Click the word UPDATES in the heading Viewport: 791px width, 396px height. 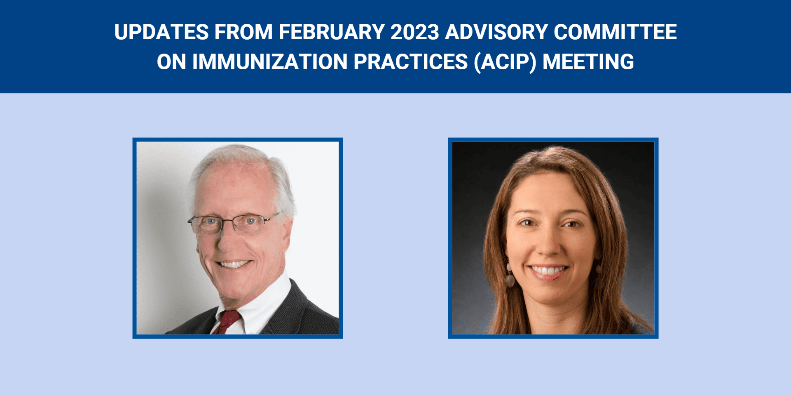click(x=161, y=32)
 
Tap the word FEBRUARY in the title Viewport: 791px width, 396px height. click(x=332, y=32)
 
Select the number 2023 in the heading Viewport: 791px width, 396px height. click(x=415, y=32)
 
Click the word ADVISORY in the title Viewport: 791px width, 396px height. click(x=496, y=32)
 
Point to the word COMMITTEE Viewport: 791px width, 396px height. click(x=615, y=32)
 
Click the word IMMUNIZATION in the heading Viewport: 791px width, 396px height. click(x=270, y=62)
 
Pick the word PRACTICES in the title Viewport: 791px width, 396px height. click(x=411, y=62)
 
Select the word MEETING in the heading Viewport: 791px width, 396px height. click(x=588, y=62)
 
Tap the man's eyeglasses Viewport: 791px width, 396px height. click(x=233, y=223)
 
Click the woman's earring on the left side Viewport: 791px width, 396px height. click(x=510, y=277)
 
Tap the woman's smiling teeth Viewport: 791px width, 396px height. click(x=548, y=271)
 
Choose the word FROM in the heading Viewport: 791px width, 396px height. click(x=243, y=32)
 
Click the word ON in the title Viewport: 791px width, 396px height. click(x=171, y=62)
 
